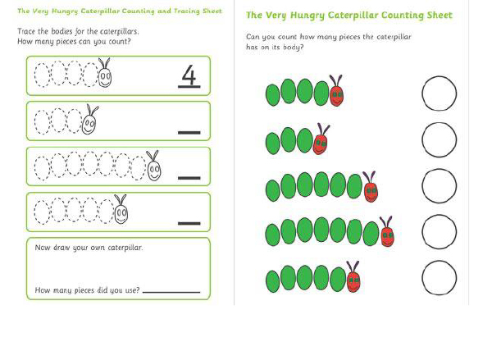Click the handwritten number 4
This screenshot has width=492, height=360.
point(189,75)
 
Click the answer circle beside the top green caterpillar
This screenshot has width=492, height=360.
point(439,93)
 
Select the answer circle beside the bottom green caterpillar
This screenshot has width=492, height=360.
point(439,278)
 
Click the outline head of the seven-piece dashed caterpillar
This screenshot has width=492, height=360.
point(154,171)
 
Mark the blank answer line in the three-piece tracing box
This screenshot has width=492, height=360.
point(189,133)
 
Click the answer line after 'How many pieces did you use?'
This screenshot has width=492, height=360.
point(171,292)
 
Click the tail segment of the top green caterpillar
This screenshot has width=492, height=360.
point(273,95)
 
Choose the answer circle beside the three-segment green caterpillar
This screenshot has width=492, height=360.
point(439,139)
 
